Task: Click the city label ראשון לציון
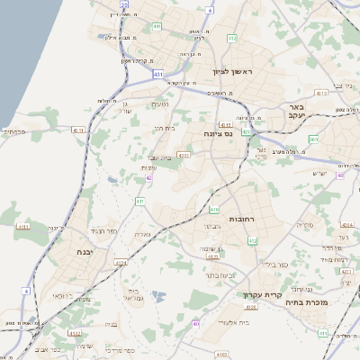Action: (x=233, y=71)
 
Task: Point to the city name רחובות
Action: (x=245, y=219)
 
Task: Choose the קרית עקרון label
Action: (x=262, y=294)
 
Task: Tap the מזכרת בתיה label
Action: (x=330, y=303)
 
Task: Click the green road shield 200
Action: (x=312, y=139)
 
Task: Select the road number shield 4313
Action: (x=321, y=93)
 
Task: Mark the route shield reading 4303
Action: (x=184, y=155)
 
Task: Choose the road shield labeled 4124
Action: (x=212, y=256)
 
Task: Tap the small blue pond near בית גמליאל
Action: (x=158, y=295)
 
